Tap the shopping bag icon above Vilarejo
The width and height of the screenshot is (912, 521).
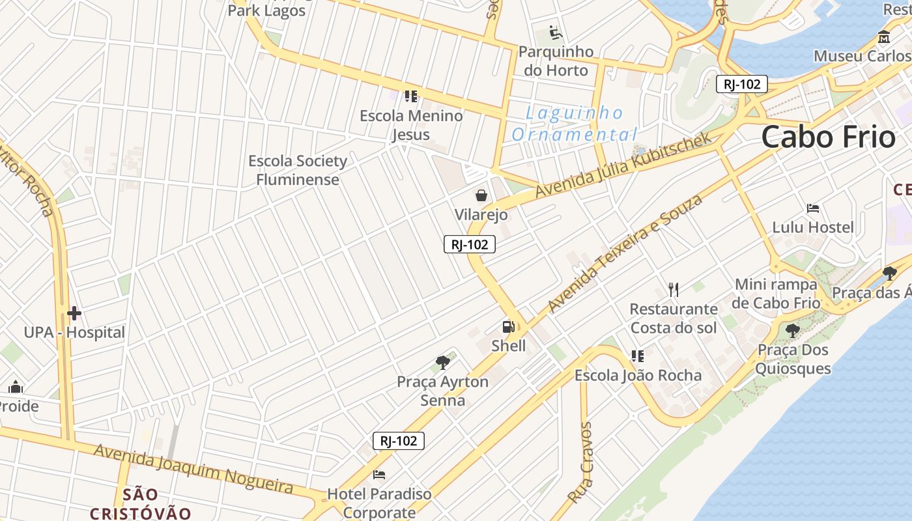click(x=481, y=195)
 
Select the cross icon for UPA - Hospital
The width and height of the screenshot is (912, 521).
click(x=74, y=313)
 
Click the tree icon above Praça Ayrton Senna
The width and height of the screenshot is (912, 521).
click(x=443, y=362)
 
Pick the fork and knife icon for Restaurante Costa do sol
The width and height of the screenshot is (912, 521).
click(x=674, y=289)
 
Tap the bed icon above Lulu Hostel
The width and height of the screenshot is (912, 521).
click(x=813, y=208)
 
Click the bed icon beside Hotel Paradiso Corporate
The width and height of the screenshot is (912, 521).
click(x=379, y=475)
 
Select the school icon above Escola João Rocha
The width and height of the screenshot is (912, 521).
click(x=637, y=356)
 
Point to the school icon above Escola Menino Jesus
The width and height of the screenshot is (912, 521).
click(x=410, y=96)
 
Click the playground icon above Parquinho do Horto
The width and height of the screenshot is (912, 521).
click(x=556, y=32)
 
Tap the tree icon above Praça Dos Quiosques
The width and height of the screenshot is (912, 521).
click(x=792, y=331)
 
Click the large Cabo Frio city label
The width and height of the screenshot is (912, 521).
click(x=828, y=137)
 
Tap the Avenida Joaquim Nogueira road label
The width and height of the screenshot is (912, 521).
click(x=193, y=468)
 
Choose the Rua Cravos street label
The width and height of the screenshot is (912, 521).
click(x=580, y=462)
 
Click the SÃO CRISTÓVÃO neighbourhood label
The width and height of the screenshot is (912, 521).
click(x=141, y=503)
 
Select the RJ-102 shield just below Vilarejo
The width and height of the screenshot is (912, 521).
click(x=469, y=244)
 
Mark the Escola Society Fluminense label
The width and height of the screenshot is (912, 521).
click(x=298, y=170)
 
